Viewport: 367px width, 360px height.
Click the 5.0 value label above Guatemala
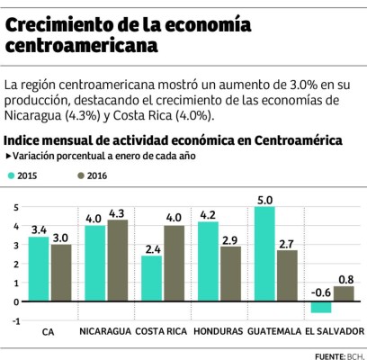pos(264,199)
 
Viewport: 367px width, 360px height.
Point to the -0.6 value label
pos(319,292)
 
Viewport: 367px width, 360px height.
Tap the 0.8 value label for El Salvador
pos(344,278)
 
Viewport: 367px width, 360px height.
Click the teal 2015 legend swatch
pos(13,175)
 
